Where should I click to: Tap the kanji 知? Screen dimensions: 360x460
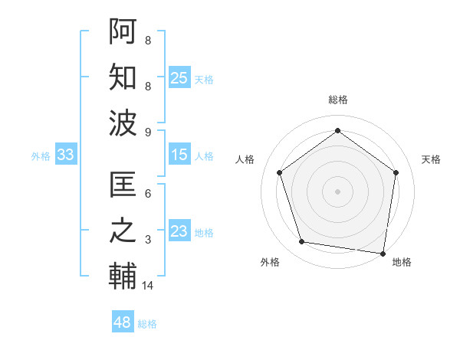123,78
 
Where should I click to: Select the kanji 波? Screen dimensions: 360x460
123,123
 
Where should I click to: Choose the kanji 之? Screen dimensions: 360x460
123,232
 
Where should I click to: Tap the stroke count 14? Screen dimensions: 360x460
148,286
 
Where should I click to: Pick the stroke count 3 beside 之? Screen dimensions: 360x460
148,240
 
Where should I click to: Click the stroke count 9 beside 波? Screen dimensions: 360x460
148,132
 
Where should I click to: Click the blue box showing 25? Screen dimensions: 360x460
179,78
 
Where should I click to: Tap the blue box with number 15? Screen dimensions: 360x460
179,155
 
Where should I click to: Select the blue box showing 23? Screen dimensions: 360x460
179,231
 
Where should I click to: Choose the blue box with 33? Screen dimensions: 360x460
66,155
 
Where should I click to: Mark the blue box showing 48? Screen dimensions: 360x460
123,322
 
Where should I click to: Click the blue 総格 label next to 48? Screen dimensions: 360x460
147,324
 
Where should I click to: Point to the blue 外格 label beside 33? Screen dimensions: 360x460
41,156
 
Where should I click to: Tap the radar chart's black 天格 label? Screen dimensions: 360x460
432,159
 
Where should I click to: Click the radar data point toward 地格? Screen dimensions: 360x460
383,253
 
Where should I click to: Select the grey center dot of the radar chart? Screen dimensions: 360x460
337,191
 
